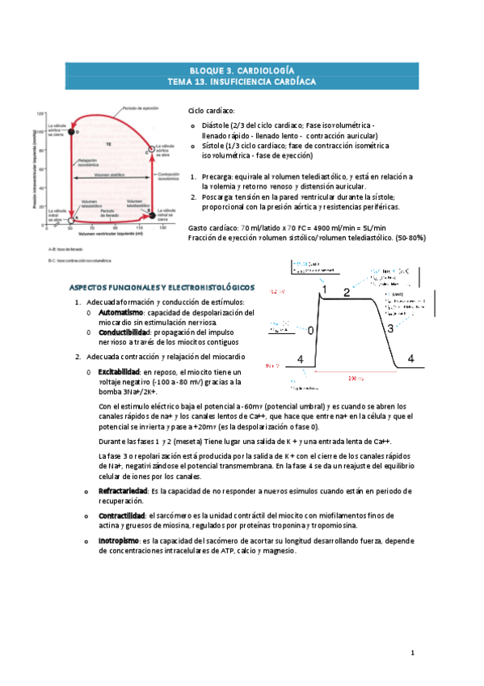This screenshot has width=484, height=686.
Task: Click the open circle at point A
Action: pyautogui.click(x=72, y=218)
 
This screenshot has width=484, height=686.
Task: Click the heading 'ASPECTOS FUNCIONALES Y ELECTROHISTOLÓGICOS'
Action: pyautogui.click(x=162, y=287)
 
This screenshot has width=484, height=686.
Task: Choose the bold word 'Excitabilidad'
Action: pyautogui.click(x=122, y=371)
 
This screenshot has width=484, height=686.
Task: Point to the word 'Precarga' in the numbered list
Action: pyautogui.click(x=217, y=176)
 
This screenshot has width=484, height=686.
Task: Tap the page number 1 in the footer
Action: pyautogui.click(x=412, y=651)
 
